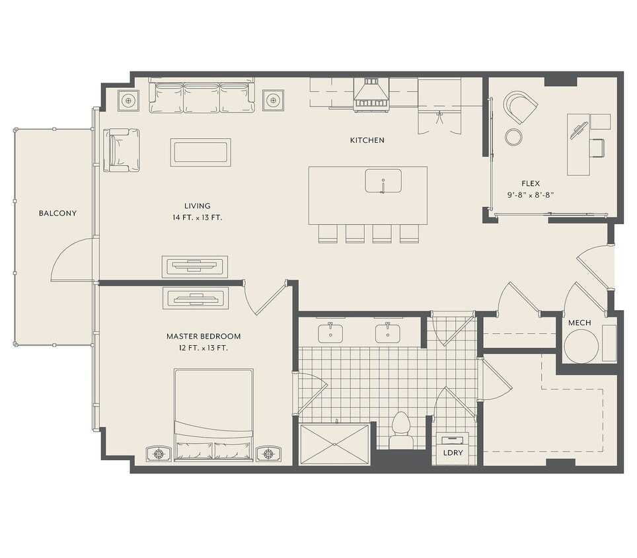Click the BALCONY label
57,213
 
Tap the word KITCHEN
367,140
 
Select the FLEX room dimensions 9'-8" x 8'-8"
531,194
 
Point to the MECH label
580,323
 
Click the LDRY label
453,453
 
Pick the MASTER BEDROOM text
203,336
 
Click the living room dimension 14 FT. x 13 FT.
198,218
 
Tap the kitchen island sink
383,181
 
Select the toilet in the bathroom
401,430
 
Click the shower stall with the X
334,444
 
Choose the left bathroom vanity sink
330,332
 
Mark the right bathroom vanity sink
388,332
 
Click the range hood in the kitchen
371,95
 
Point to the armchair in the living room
122,150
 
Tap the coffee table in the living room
201,153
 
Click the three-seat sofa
202,98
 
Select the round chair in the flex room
520,107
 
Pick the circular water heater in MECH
581,346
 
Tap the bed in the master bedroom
213,415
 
